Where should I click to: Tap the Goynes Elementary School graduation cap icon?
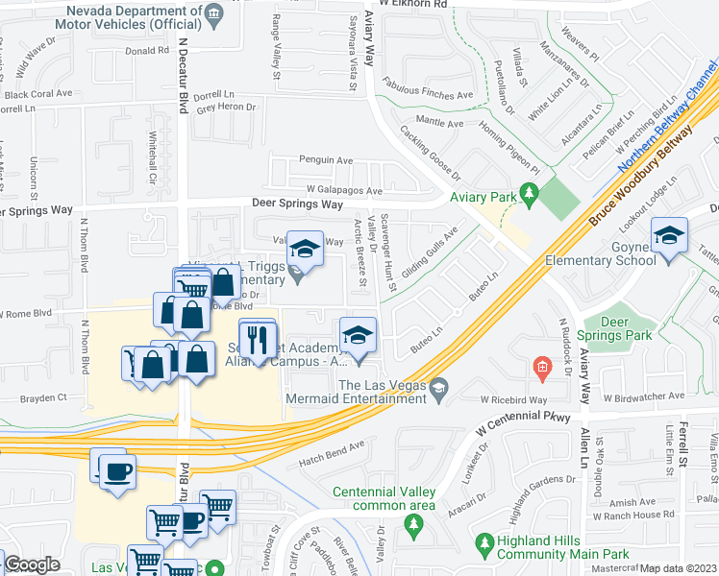pyautogui.click(x=669, y=234)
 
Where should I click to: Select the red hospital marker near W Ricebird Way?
pyautogui.click(x=543, y=368)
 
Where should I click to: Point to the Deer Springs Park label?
pyautogui.click(x=626, y=328)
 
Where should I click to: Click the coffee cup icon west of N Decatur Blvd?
pyautogui.click(x=118, y=471)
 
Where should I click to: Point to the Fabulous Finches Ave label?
pyautogui.click(x=429, y=89)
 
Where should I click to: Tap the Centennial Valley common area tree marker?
pyautogui.click(x=414, y=524)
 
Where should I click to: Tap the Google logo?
pyautogui.click(x=32, y=564)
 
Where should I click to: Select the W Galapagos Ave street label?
pyautogui.click(x=343, y=190)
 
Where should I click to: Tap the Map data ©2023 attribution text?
pyautogui.click(x=677, y=568)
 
